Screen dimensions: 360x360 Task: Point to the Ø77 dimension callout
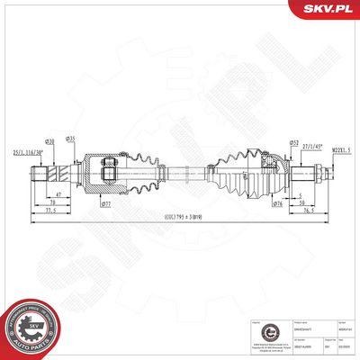pyautogui.click(x=105, y=205)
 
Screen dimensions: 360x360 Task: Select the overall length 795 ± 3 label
pyautogui.click(x=182, y=217)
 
